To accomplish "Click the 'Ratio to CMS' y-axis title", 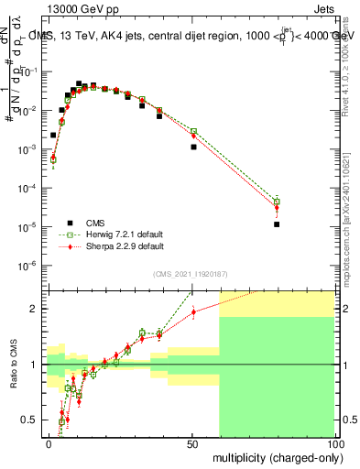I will coord(12,365).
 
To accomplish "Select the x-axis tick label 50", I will coord(192,442).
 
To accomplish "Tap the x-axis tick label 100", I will coord(334,442).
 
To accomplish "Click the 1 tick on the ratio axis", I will coord(38,365).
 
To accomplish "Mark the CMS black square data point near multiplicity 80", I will coord(277,224).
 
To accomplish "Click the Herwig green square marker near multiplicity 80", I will coord(277,202).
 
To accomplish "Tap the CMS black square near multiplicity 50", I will coord(193,147).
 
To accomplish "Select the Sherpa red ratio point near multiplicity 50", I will coord(193,311).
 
